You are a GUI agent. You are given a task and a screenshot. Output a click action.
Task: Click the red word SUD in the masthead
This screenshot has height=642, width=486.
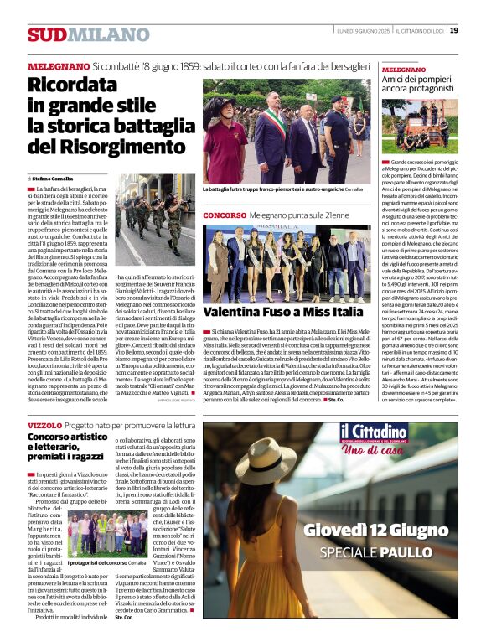(x=47, y=34)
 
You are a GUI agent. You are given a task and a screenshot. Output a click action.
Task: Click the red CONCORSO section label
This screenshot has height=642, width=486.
(x=224, y=215)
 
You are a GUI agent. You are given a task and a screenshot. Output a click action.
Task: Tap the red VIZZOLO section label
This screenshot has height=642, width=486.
(x=44, y=425)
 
